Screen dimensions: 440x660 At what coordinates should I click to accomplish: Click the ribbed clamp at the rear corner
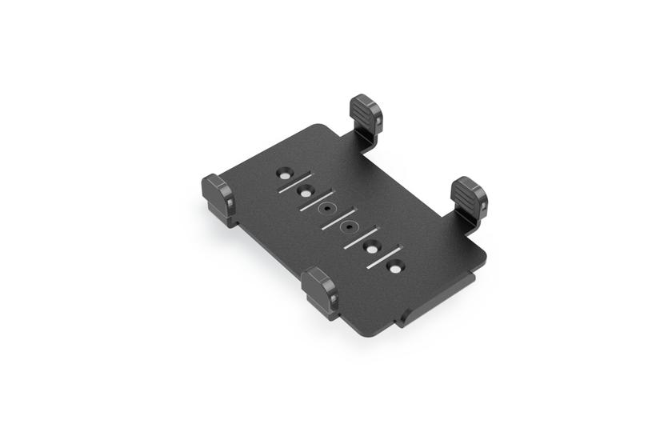click(x=366, y=113)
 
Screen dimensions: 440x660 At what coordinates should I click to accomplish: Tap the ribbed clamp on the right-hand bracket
click(x=468, y=196)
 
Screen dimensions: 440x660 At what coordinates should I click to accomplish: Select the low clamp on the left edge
click(x=218, y=197)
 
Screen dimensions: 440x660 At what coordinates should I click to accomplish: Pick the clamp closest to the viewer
click(x=320, y=289)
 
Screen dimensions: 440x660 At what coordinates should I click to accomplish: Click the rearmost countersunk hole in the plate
click(x=284, y=172)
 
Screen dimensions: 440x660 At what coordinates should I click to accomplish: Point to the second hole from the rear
click(x=306, y=190)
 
